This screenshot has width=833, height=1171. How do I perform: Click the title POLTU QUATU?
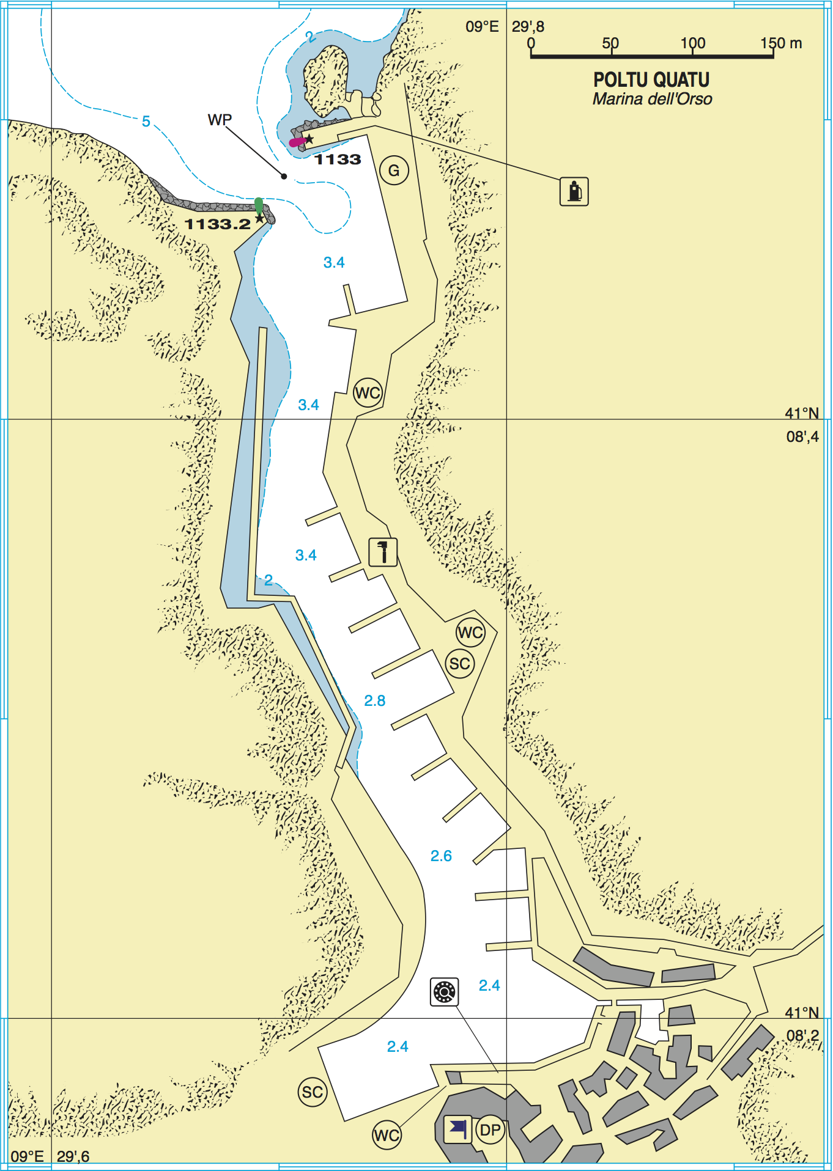click(x=651, y=79)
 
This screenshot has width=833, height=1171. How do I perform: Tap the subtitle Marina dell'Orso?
click(x=652, y=99)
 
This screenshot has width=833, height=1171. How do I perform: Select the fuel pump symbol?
click(x=574, y=191)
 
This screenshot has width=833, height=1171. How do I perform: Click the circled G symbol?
click(x=394, y=171)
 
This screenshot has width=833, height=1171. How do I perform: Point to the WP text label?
click(x=220, y=119)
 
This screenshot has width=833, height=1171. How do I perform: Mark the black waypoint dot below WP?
click(x=284, y=177)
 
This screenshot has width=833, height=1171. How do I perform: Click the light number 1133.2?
click(x=218, y=224)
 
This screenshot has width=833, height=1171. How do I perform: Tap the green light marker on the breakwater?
click(x=259, y=205)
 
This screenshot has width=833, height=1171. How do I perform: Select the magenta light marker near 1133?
click(x=297, y=142)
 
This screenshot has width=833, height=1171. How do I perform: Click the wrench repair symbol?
click(x=383, y=552)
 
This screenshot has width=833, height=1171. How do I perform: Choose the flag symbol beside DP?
click(x=457, y=1128)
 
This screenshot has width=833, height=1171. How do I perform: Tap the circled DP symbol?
click(x=491, y=1130)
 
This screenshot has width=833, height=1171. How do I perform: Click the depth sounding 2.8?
click(x=375, y=700)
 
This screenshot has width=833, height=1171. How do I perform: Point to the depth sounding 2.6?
click(x=441, y=856)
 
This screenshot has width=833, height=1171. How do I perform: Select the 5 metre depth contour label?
click(x=146, y=121)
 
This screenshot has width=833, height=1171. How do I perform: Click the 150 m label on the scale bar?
click(x=781, y=43)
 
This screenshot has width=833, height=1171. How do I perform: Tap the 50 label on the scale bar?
click(x=610, y=43)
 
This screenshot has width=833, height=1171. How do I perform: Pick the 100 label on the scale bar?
click(x=693, y=43)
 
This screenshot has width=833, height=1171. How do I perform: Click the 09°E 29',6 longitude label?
click(x=50, y=1156)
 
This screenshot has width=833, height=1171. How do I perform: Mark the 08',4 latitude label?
click(x=802, y=436)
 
